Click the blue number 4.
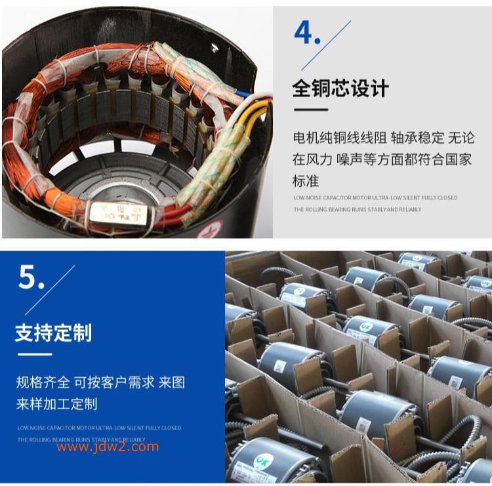tap(304, 33)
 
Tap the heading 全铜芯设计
tap(340, 88)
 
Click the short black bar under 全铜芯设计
tap(310, 110)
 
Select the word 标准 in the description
tap(305, 180)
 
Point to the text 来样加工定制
tap(57, 403)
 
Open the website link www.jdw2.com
tap(107, 447)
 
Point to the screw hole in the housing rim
tap(214, 48)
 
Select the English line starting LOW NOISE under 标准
tap(375, 197)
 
